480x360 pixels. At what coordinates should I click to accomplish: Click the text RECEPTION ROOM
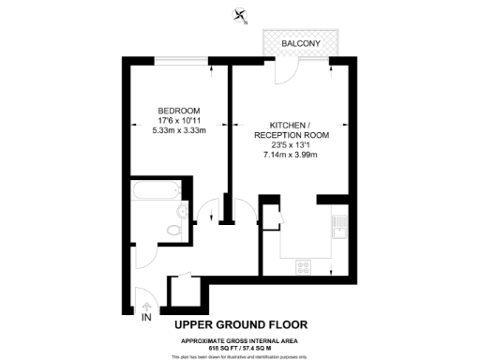click(x=287, y=135)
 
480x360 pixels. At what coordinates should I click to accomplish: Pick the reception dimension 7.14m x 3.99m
click(x=287, y=154)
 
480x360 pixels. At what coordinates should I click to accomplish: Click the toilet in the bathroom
click(x=172, y=228)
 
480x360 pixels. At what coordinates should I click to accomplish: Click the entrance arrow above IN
click(x=146, y=307)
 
